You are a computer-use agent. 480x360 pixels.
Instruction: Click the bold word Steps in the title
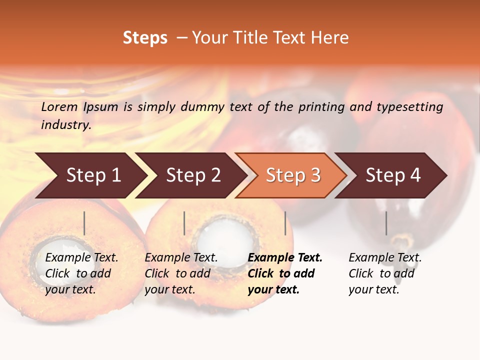tap(145, 38)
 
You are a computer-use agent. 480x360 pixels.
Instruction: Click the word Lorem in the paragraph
tap(59, 106)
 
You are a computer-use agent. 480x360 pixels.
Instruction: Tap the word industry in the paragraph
tap(65, 124)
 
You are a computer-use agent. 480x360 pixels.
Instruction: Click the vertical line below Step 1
tap(84, 223)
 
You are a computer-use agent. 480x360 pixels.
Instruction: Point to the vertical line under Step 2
tap(184, 223)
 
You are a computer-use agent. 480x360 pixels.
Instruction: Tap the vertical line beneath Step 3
tap(285, 223)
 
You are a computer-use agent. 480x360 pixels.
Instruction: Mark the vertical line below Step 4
tap(386, 223)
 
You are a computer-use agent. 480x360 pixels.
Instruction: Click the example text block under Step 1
tap(81, 273)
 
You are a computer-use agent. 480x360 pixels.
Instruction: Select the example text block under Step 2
tap(181, 273)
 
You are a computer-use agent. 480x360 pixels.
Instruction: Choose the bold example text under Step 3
tap(285, 273)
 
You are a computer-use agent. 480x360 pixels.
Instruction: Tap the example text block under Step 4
tap(385, 273)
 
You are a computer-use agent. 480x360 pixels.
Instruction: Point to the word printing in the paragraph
tap(321, 106)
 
